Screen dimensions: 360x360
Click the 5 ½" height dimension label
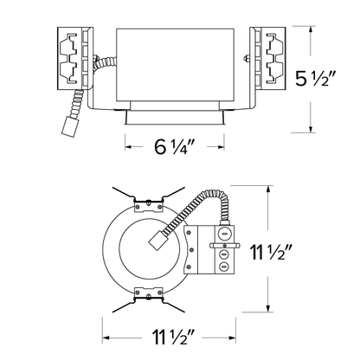coord(316,79)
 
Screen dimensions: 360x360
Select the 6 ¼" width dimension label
coord(175,147)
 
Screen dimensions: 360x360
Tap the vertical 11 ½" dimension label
coord(272,252)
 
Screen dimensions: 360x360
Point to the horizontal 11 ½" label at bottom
coord(174,337)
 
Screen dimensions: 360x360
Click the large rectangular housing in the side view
coord(175,65)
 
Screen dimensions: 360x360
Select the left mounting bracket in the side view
coord(75,59)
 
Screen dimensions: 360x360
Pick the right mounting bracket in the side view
coord(267,59)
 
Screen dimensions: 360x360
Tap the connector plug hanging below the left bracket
coord(70,126)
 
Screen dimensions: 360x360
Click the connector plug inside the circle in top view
coord(159,241)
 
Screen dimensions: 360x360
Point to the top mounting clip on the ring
coord(148,205)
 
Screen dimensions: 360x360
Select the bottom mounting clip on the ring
coord(148,294)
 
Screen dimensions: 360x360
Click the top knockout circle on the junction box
coord(224,233)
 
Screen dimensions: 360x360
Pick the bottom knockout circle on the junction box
coord(224,267)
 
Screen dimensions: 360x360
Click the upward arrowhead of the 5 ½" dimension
coord(311,29)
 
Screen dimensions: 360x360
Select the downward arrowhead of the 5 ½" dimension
coord(311,129)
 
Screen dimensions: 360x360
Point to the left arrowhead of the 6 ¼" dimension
coord(128,147)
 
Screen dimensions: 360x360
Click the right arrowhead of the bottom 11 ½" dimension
coord(233,337)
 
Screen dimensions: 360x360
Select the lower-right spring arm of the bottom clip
coord(173,306)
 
